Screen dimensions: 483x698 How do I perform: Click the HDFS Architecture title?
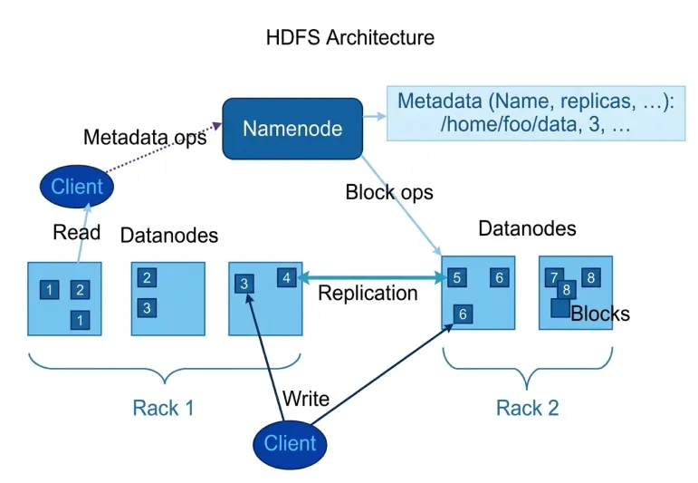[349, 38]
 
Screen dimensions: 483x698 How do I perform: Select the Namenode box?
[292, 129]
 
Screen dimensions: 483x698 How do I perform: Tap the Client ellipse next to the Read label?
[77, 188]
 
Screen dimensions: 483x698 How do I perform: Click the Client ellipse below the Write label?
[290, 443]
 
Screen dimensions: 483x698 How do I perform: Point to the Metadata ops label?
[145, 138]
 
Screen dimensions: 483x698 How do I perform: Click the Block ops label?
[389, 192]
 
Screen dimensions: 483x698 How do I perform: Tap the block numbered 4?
[287, 278]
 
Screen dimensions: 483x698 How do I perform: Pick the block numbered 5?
[457, 278]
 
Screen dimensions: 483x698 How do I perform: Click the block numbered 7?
[552, 278]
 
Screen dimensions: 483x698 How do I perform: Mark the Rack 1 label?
[163, 407]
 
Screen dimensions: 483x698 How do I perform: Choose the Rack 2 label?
[528, 407]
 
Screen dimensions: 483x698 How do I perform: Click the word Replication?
[368, 294]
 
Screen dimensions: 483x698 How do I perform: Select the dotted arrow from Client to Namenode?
[163, 151]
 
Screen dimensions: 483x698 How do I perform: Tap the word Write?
[306, 399]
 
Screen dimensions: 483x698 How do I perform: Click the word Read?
[76, 232]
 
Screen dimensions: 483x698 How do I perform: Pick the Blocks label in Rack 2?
[599, 314]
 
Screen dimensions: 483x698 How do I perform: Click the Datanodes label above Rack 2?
[527, 228]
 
